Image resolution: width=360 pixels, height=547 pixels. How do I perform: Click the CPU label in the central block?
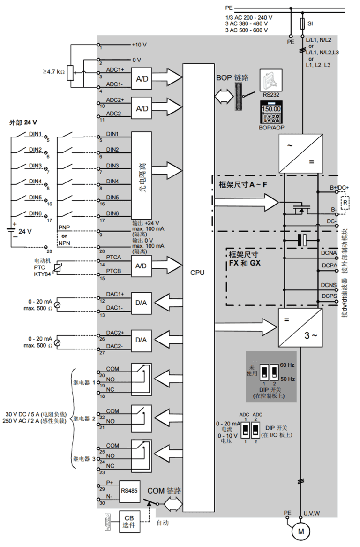tap(197, 272)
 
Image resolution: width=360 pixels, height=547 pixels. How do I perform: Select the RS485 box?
tap(129, 490)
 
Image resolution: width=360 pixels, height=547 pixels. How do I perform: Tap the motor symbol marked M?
tap(301, 531)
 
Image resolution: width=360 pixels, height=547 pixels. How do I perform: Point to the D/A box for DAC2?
tap(141, 339)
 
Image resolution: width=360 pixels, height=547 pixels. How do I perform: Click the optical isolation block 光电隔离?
tap(142, 174)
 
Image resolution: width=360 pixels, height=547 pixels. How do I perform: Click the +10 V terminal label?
tap(139, 45)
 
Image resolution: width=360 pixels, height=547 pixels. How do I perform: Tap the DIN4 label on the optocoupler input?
tap(112, 182)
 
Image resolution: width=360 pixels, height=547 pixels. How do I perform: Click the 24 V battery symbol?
tap(13, 230)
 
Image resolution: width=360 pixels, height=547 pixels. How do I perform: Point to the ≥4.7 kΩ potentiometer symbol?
tap(70, 72)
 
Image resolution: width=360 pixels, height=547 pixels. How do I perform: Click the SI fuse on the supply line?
tap(302, 23)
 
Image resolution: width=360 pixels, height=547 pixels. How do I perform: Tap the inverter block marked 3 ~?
tap(300, 327)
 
